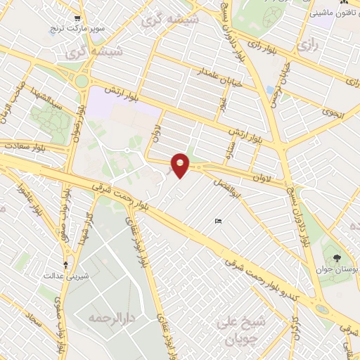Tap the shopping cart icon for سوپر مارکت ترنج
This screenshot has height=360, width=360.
click(x=77, y=20)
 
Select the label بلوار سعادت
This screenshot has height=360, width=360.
click(x=27, y=146)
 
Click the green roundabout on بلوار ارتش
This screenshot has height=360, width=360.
click(x=82, y=81)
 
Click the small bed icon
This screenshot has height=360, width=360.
click(x=218, y=222)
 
